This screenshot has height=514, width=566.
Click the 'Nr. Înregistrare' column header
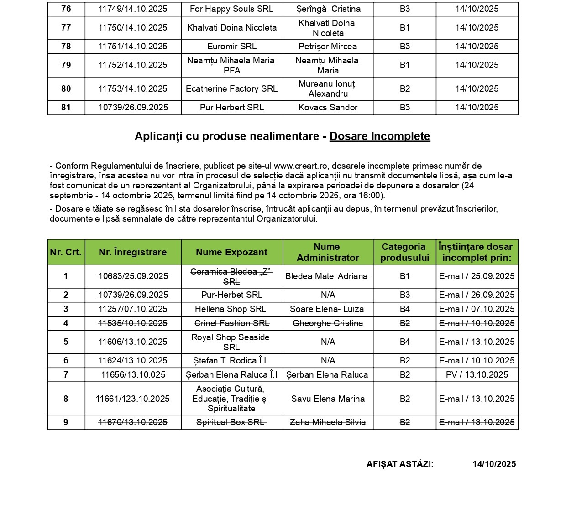click(133, 252)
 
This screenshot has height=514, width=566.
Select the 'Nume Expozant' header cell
click(231, 252)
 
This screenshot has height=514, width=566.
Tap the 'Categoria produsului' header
click(404, 252)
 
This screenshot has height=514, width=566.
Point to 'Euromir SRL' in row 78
click(232, 47)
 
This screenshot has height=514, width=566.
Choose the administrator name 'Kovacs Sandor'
click(328, 108)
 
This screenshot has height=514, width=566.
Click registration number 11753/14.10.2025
click(133, 89)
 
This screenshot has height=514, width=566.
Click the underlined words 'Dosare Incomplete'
click(380, 136)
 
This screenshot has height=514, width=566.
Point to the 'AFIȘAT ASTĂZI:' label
click(400, 464)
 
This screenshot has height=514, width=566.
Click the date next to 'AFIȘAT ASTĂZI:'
click(494, 464)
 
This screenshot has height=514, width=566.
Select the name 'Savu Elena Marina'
click(328, 399)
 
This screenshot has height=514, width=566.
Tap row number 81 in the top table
click(66, 108)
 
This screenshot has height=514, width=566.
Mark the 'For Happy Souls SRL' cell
click(231, 9)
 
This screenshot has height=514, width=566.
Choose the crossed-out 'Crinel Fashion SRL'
click(231, 323)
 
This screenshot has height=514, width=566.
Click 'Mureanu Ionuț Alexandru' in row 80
click(328, 89)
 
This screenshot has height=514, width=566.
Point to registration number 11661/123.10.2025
click(133, 399)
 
